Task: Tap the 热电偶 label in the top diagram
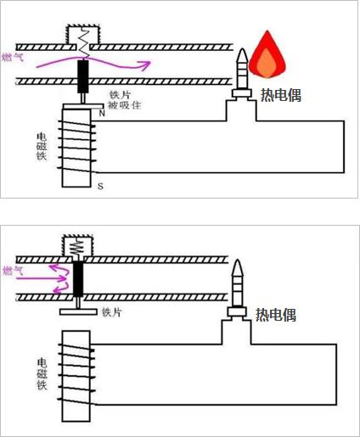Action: click(280, 95)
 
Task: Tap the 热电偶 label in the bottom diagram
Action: click(276, 314)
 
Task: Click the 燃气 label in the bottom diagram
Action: click(12, 271)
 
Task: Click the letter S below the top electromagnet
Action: click(100, 185)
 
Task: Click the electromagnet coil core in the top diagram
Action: click(76, 148)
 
